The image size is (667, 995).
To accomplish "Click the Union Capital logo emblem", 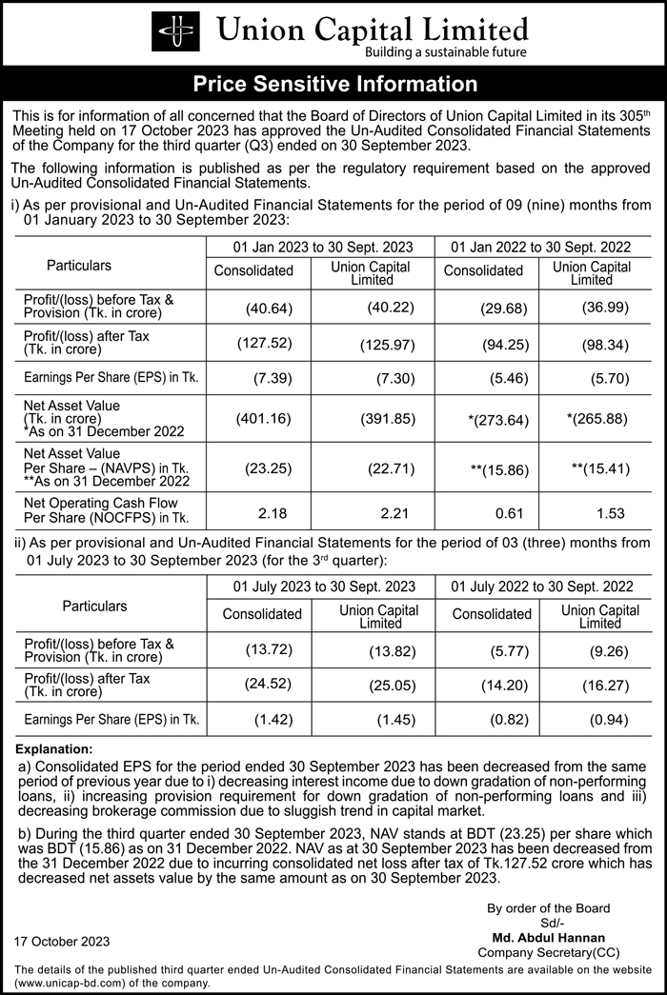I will coord(177,32).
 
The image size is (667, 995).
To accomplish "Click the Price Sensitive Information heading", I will coord(334,84).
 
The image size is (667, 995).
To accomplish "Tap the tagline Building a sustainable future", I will coord(446,52).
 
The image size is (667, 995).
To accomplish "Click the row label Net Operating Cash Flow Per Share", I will coord(101,510).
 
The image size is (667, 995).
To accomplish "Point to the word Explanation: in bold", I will coord(55,749).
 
